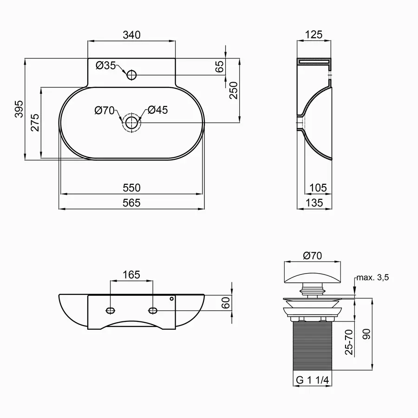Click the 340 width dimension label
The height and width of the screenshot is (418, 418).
point(131,35)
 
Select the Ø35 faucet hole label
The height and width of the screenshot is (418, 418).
point(106,65)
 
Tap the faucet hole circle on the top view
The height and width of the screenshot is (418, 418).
point(131,74)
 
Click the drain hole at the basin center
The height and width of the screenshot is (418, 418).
point(131,123)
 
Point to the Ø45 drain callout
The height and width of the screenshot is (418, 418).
point(157,110)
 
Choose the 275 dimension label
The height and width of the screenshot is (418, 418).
point(35,123)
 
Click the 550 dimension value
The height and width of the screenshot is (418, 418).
point(131,188)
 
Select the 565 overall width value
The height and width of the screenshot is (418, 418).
point(131,202)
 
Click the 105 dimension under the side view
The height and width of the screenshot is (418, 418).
point(318,188)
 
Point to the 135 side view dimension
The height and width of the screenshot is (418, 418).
point(315,202)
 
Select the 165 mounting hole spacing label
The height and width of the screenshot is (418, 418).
point(131,274)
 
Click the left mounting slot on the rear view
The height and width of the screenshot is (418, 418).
point(111,310)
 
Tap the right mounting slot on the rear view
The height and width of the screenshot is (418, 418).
point(153,310)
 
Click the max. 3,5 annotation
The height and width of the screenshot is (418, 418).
point(372,278)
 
